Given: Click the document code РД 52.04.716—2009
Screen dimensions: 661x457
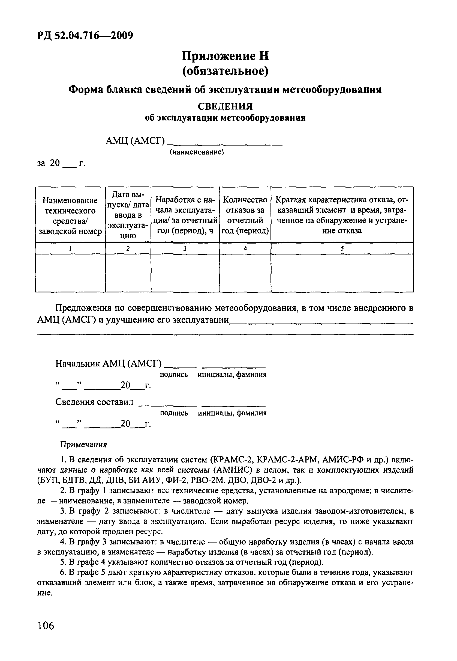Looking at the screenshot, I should tap(85, 35).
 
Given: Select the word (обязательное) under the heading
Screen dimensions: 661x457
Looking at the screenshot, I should tap(225, 71).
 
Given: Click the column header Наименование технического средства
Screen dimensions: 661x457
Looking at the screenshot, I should tap(70, 215).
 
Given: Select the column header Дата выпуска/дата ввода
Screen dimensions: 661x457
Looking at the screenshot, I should tap(128, 215).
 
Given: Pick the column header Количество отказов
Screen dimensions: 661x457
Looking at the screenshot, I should tap(245, 215).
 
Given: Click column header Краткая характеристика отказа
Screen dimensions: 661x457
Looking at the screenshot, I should tap(342, 215).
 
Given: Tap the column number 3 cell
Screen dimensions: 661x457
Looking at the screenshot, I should tap(185, 248).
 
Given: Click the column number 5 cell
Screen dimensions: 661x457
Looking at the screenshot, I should tap(342, 248).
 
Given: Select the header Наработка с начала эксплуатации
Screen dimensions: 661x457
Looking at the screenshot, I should tap(185, 215).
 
